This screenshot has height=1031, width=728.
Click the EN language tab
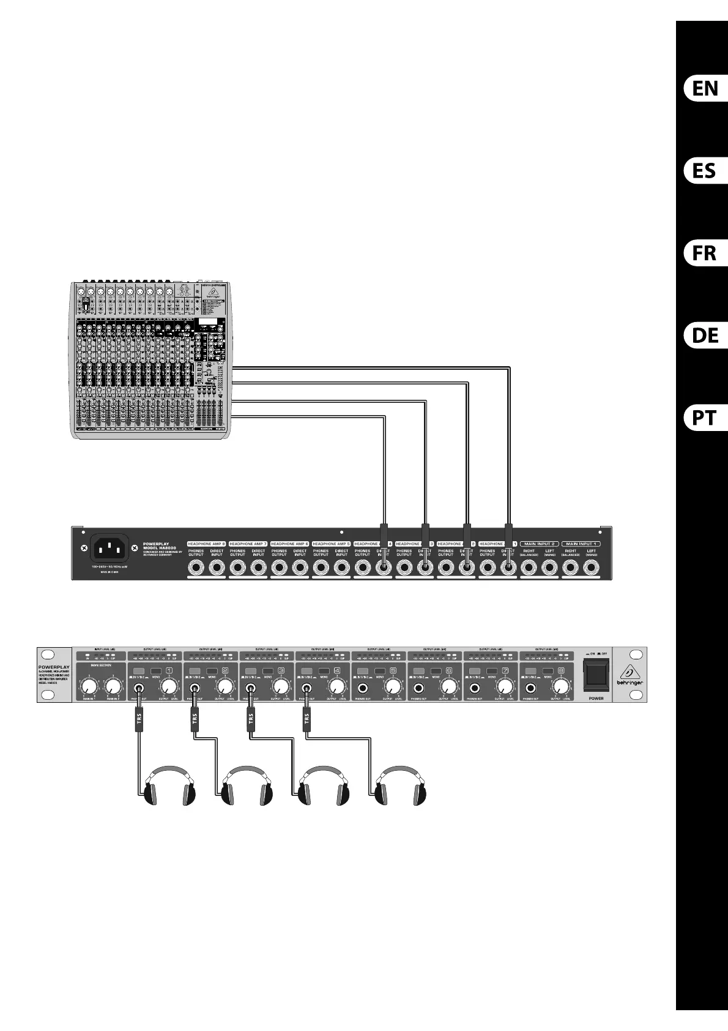point(705,89)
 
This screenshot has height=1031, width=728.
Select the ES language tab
point(705,171)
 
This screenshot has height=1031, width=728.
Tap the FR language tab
point(705,253)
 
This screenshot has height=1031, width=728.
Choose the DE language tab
point(705,336)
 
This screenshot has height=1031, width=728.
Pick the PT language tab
point(705,418)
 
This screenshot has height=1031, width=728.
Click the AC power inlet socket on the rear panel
point(110,548)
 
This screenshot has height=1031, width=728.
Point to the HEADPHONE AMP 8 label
point(206,544)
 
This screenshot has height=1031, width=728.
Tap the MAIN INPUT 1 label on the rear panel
point(581,544)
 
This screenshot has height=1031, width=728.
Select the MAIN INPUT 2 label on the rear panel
point(539,544)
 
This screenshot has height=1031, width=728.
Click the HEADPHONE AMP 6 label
point(289,544)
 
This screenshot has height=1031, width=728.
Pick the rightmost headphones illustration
point(400,785)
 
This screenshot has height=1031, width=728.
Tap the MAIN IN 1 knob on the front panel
point(89,686)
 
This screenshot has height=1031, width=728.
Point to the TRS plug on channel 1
point(138,718)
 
